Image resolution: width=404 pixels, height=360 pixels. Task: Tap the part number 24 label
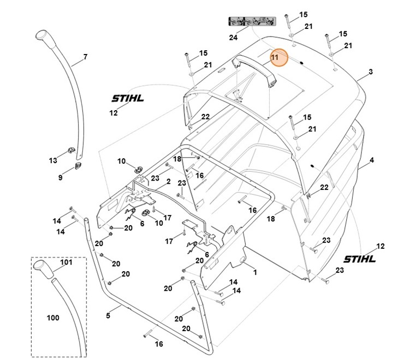coord(234,38)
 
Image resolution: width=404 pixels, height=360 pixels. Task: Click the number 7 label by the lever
coord(85,57)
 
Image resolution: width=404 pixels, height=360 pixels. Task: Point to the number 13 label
coord(53,160)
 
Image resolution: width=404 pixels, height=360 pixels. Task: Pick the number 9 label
coord(61,178)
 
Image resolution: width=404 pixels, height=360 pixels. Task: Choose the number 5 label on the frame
coord(108,315)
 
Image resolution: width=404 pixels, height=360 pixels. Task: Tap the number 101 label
coord(66,262)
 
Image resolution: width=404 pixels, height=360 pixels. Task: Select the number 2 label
coord(168,181)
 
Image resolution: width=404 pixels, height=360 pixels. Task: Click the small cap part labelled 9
coord(78,166)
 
